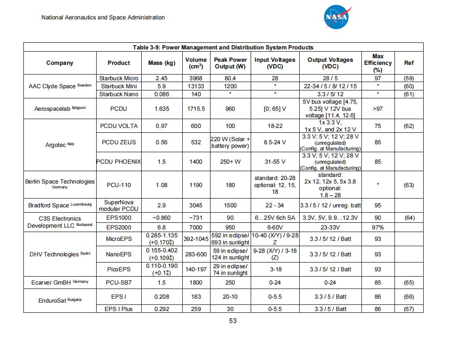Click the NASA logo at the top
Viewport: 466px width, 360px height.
point(338,17)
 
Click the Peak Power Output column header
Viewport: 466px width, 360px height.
point(230,63)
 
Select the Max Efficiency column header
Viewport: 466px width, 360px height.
point(378,63)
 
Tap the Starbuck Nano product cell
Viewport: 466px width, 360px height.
point(119,94)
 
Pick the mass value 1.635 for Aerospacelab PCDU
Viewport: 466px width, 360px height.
point(162,109)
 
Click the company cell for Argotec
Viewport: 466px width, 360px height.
point(60,145)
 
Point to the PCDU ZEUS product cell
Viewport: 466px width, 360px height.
point(119,142)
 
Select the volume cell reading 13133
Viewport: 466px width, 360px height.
point(196,86)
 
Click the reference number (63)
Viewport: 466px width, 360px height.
point(409,185)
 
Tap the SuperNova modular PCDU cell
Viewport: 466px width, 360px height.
point(119,205)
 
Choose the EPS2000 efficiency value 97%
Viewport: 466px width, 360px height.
point(378,227)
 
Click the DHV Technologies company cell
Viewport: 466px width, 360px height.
point(60,254)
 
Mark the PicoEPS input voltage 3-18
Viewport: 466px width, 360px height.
point(274,269)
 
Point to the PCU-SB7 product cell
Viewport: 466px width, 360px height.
point(119,282)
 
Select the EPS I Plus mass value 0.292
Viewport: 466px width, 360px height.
point(162,309)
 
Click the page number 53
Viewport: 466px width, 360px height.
point(233,321)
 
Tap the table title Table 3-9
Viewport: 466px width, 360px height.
point(223,47)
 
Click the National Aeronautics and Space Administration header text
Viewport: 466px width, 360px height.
point(103,18)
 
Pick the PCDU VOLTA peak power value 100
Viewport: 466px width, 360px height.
point(230,126)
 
